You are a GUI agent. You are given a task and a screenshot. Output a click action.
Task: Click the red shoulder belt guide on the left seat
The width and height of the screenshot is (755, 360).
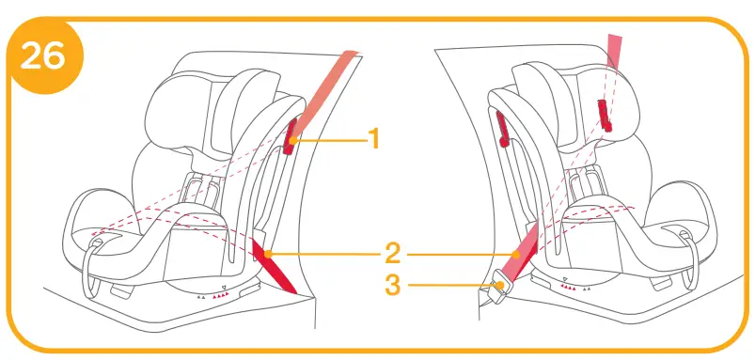(x=292, y=135)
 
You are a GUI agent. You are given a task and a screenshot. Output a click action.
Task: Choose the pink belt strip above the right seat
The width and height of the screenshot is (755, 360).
(x=616, y=52)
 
